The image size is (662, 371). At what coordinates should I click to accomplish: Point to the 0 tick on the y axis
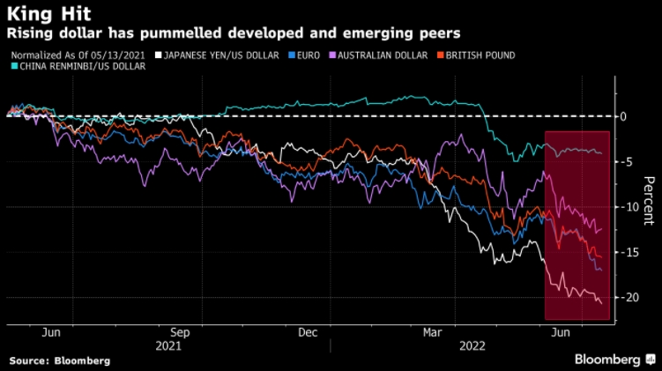[x=622, y=116]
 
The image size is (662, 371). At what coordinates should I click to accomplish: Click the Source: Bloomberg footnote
[x=60, y=360]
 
